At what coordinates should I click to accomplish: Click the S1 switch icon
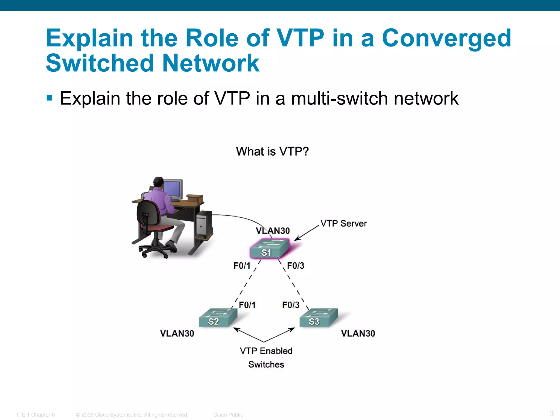(269, 249)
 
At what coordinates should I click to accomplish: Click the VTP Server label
(343, 223)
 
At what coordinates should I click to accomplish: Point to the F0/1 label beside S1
(242, 266)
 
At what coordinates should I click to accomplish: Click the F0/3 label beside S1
(296, 266)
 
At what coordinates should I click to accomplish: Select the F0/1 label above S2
(247, 305)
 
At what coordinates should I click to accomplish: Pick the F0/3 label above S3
(291, 305)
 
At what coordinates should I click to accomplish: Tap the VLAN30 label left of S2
(177, 333)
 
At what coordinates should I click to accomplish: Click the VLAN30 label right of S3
(358, 333)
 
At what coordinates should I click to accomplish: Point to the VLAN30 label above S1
(273, 231)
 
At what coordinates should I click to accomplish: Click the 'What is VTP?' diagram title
(272, 151)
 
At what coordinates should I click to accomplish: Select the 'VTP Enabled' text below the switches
(266, 351)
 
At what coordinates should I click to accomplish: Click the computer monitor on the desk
(173, 189)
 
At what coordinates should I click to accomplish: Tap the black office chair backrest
(148, 216)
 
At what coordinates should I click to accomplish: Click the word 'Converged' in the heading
(446, 38)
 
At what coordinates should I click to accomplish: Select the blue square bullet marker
(49, 98)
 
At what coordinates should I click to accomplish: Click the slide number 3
(552, 413)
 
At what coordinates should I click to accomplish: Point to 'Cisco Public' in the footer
(228, 415)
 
